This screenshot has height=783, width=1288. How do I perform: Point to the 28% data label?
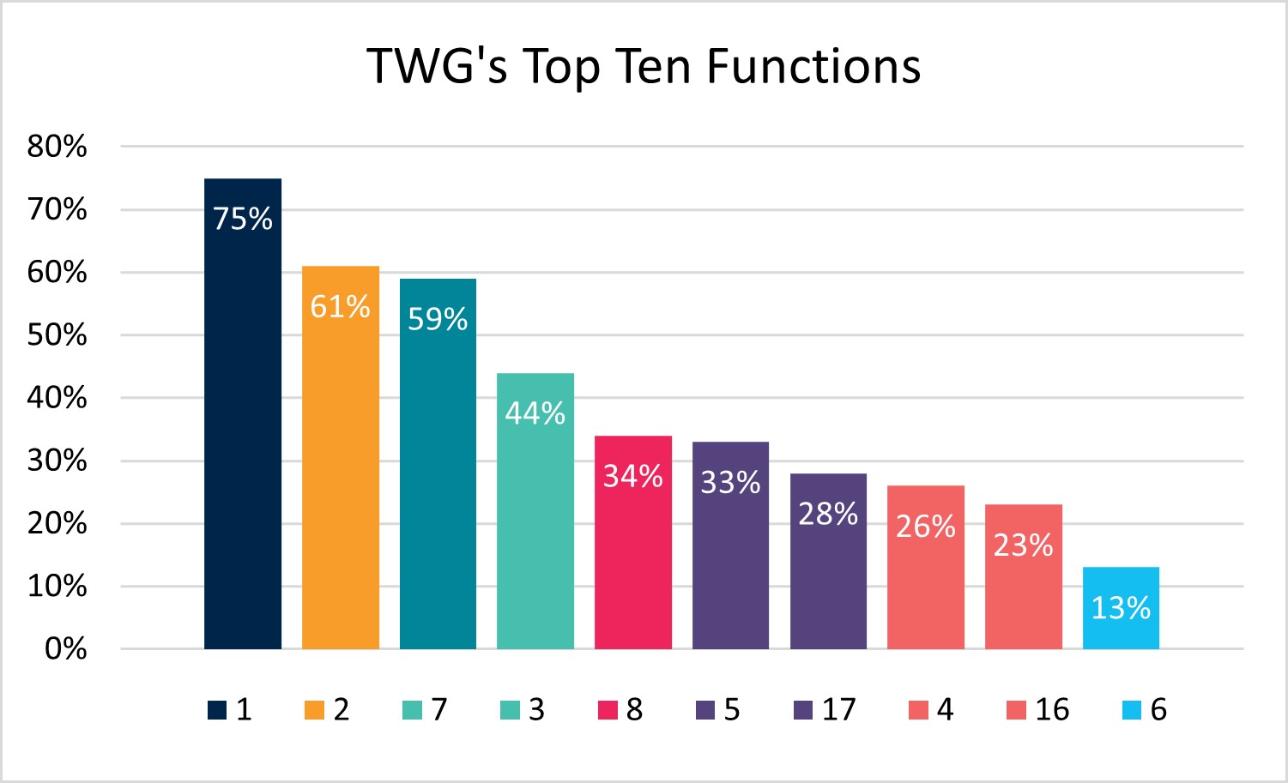(828, 514)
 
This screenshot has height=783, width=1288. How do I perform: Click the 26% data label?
(926, 526)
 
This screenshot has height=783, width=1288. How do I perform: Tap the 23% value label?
(1023, 545)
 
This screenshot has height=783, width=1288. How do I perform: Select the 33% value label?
(730, 482)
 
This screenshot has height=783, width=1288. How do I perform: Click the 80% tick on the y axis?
(57, 147)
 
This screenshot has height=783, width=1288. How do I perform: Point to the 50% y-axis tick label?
(57, 335)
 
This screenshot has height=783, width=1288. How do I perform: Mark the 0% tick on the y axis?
(65, 649)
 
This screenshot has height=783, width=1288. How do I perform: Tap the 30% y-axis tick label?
(57, 461)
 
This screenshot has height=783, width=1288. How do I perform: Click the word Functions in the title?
(813, 66)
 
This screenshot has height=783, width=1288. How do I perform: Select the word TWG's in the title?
(437, 66)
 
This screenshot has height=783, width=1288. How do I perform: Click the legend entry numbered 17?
(825, 710)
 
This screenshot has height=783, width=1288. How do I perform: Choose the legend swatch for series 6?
(1132, 710)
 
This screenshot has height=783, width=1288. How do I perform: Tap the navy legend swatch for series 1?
(217, 710)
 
